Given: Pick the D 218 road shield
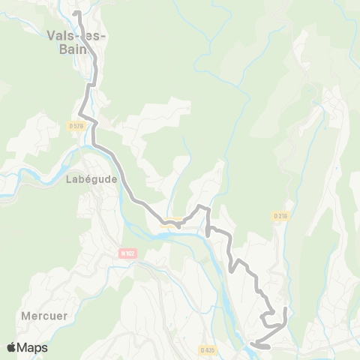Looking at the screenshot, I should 280,216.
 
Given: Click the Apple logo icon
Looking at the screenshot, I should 12,347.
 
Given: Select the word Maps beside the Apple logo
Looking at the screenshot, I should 33,347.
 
